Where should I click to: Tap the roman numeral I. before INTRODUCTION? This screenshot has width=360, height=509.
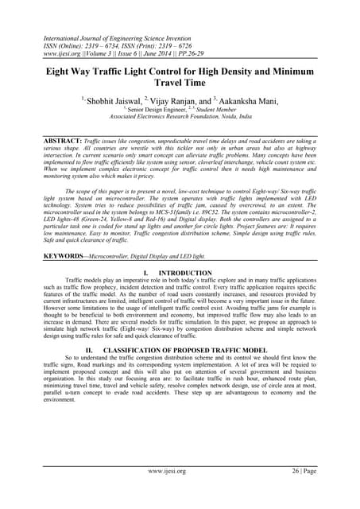150,272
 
